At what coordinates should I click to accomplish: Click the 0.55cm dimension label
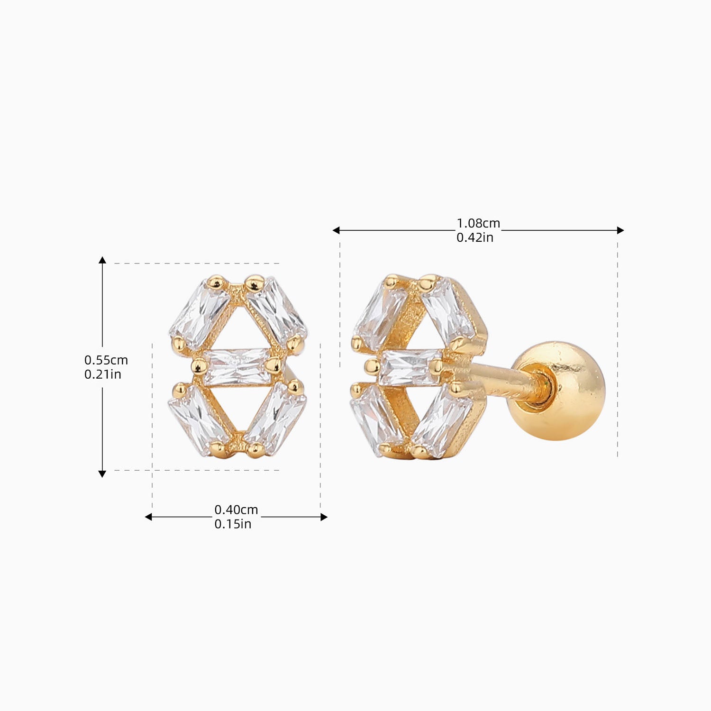point(106,360)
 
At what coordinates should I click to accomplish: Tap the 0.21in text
point(102,374)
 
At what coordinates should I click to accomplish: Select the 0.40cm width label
point(236,510)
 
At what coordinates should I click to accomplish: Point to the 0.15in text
point(233,524)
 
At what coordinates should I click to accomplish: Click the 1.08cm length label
point(478,223)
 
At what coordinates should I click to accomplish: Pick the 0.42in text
point(475,237)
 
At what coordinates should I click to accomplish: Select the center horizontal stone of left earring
point(236,366)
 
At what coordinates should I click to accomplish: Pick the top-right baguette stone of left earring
point(276,309)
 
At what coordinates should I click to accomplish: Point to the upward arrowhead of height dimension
point(102,260)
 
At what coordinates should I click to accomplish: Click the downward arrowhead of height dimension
point(102,474)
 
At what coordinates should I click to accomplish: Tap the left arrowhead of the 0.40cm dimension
point(148,517)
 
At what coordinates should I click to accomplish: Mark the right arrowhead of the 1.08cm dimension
point(620,230)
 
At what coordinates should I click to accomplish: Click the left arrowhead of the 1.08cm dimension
point(336,230)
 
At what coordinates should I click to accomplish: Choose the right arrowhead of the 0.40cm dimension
point(324,517)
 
